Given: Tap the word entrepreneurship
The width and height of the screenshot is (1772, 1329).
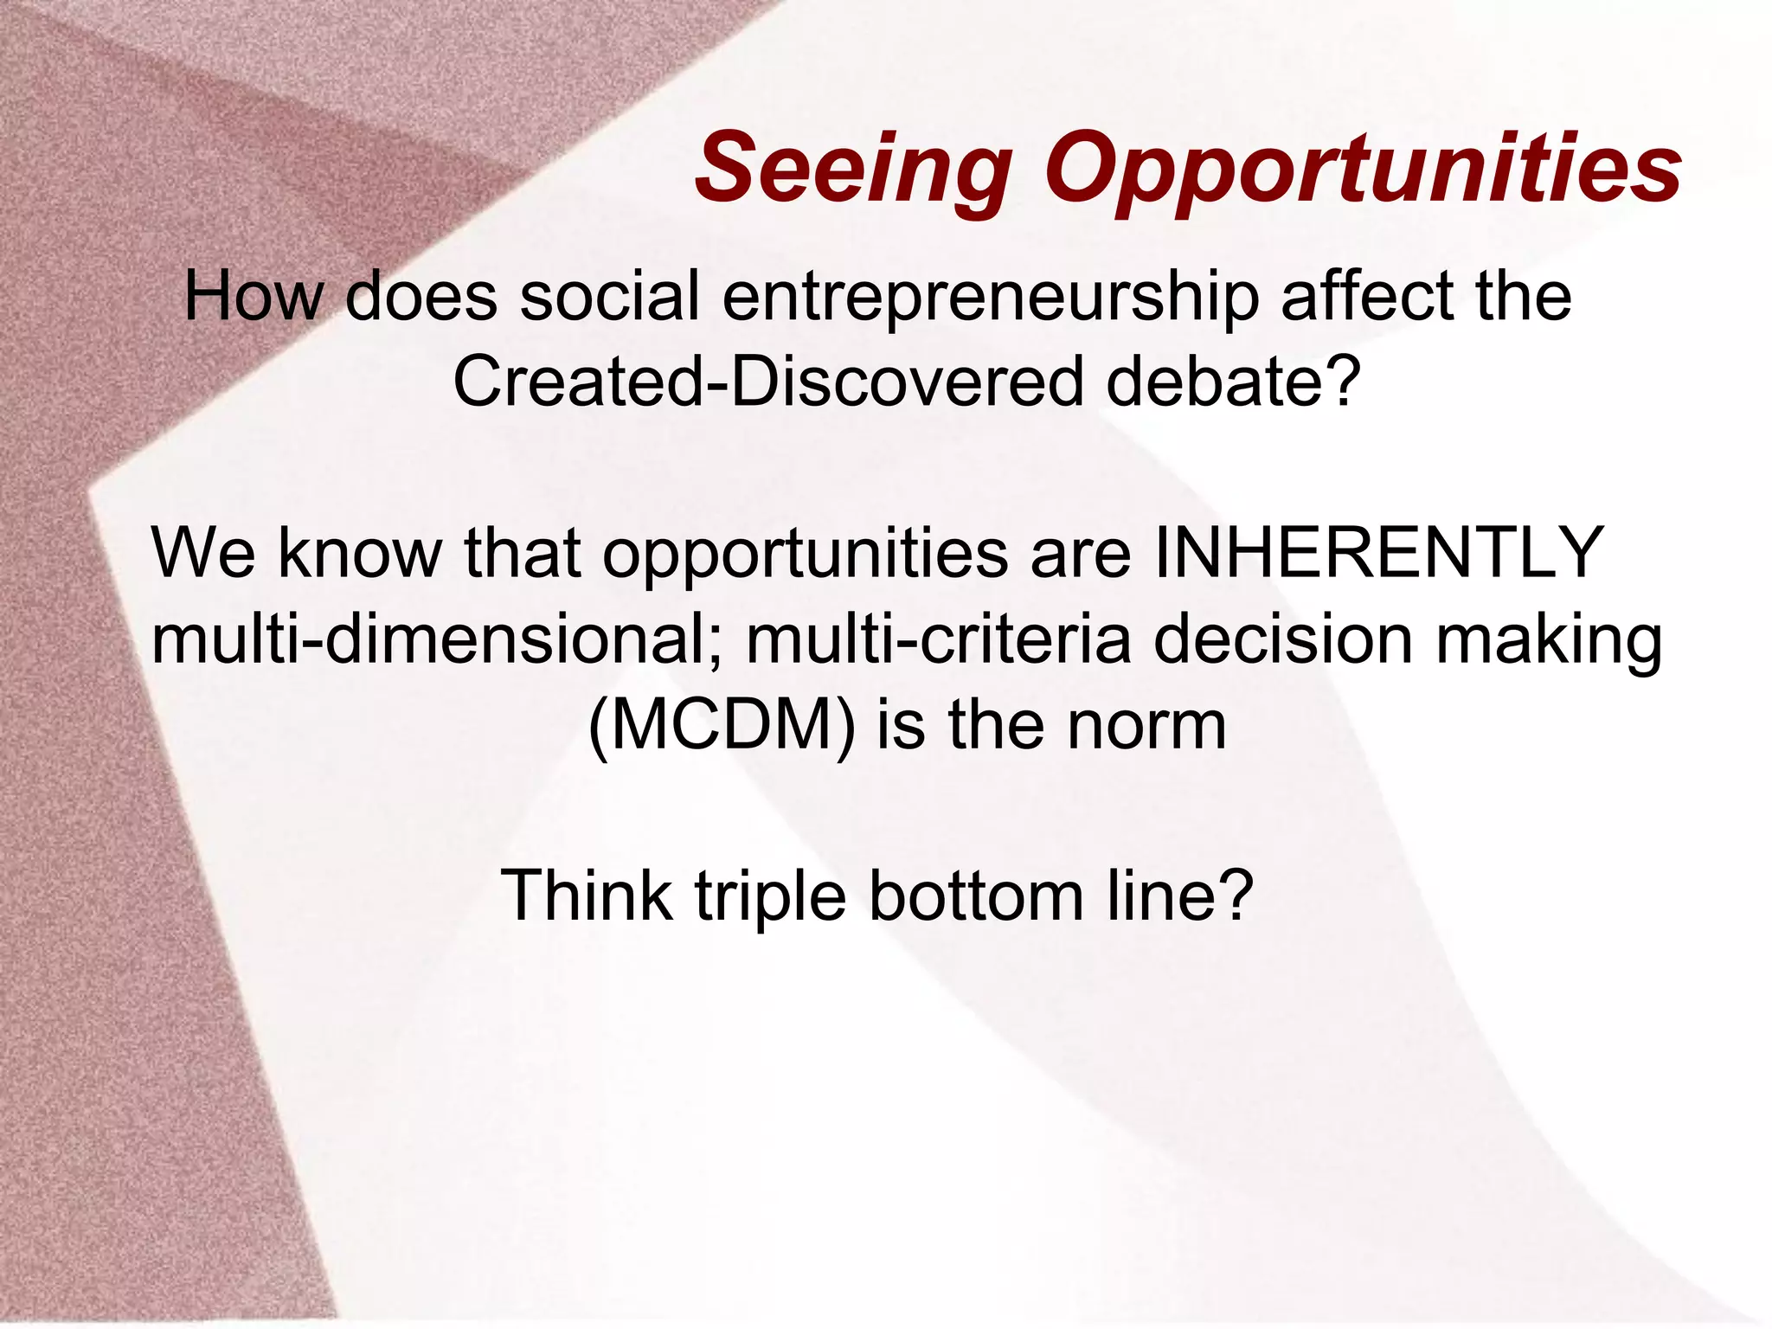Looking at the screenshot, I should (x=990, y=297).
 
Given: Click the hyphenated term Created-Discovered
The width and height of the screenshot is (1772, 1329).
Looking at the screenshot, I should (x=767, y=382).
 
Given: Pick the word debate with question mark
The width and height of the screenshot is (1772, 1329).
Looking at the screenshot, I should (x=1229, y=382).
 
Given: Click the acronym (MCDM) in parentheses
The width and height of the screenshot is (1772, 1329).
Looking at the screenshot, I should (x=722, y=726).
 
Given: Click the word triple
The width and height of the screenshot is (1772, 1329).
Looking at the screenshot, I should (x=770, y=897).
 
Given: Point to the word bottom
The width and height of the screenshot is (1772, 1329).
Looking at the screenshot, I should (x=975, y=896).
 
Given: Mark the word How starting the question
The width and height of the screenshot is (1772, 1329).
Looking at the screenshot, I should (x=253, y=297).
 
